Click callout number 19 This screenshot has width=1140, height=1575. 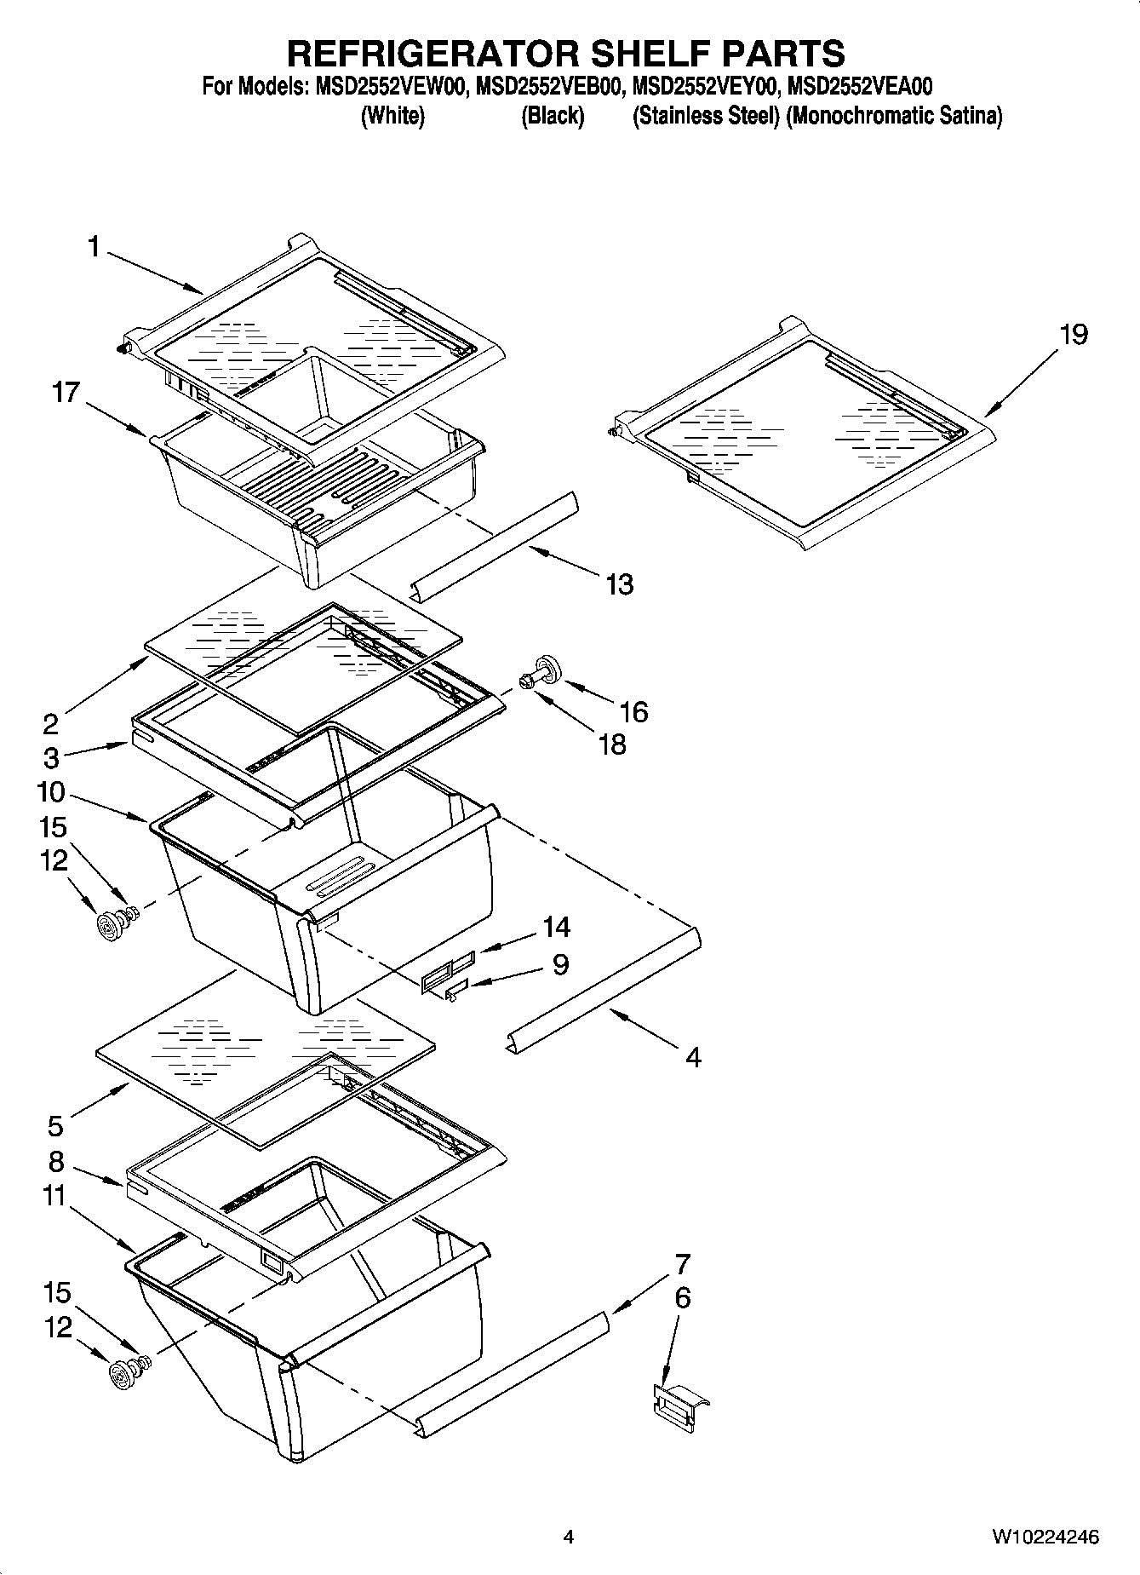(1074, 335)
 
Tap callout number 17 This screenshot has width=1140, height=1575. (65, 393)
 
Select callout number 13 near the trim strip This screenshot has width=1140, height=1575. (619, 584)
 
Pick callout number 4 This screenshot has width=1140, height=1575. (693, 1057)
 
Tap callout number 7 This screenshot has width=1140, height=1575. (682, 1263)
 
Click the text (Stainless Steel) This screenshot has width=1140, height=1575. (706, 117)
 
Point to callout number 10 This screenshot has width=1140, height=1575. (51, 792)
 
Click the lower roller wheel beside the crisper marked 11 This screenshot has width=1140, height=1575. (125, 1373)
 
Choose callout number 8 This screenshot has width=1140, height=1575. (56, 1161)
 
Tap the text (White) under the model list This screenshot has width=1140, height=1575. (392, 117)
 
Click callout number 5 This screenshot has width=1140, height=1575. (55, 1126)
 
